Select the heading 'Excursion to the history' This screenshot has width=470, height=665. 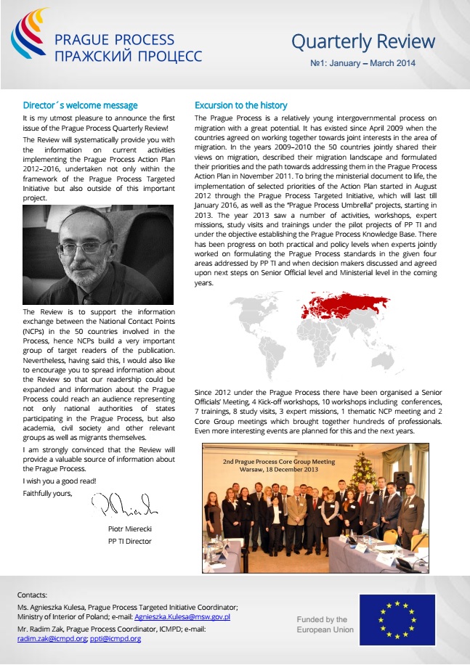tap(241, 105)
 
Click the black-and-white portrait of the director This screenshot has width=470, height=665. tap(98, 254)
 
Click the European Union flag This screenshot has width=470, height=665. tap(397, 619)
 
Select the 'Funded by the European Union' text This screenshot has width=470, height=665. tap(325, 624)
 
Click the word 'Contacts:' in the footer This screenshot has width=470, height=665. tap(32, 595)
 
